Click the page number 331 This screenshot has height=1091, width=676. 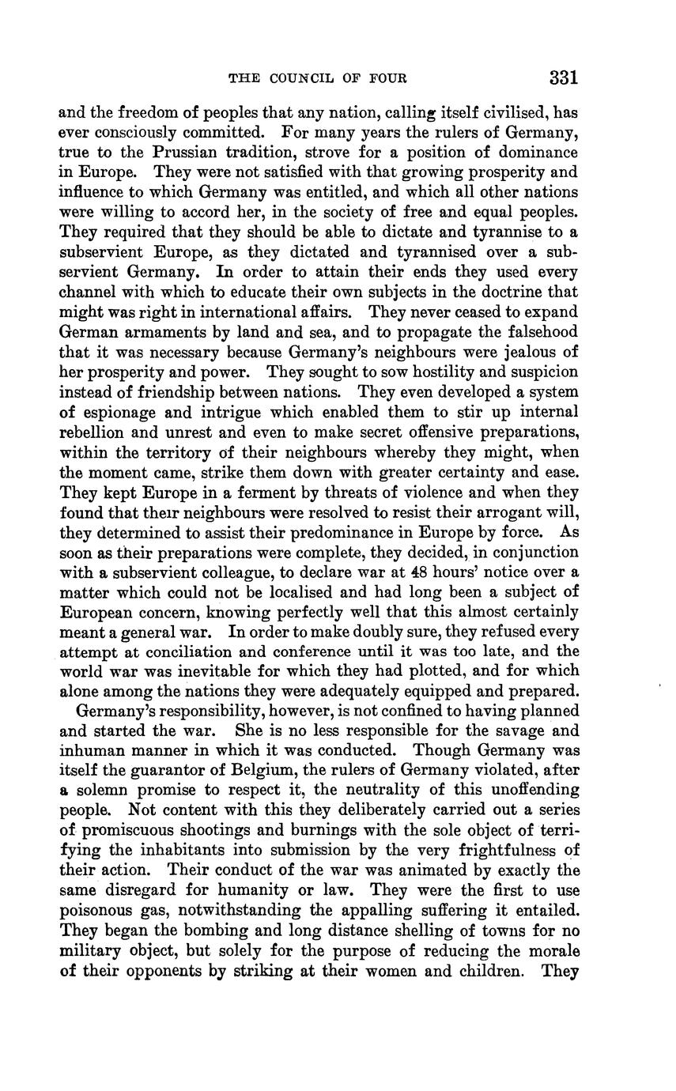click(x=563, y=77)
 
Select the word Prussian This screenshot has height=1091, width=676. click(x=202, y=152)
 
